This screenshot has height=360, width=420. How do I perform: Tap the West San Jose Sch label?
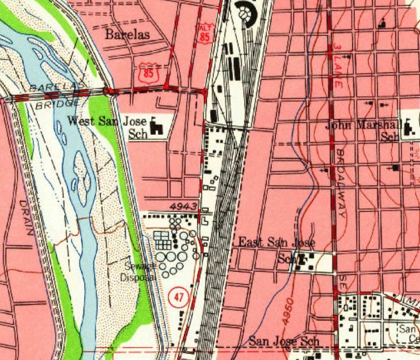[x=106, y=127]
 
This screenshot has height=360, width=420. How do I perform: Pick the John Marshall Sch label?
[x=362, y=130]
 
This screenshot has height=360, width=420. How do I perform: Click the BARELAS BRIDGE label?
[x=56, y=94]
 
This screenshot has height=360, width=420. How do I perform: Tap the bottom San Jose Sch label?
[x=284, y=341]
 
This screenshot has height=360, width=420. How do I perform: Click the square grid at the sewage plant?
[x=162, y=240]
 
